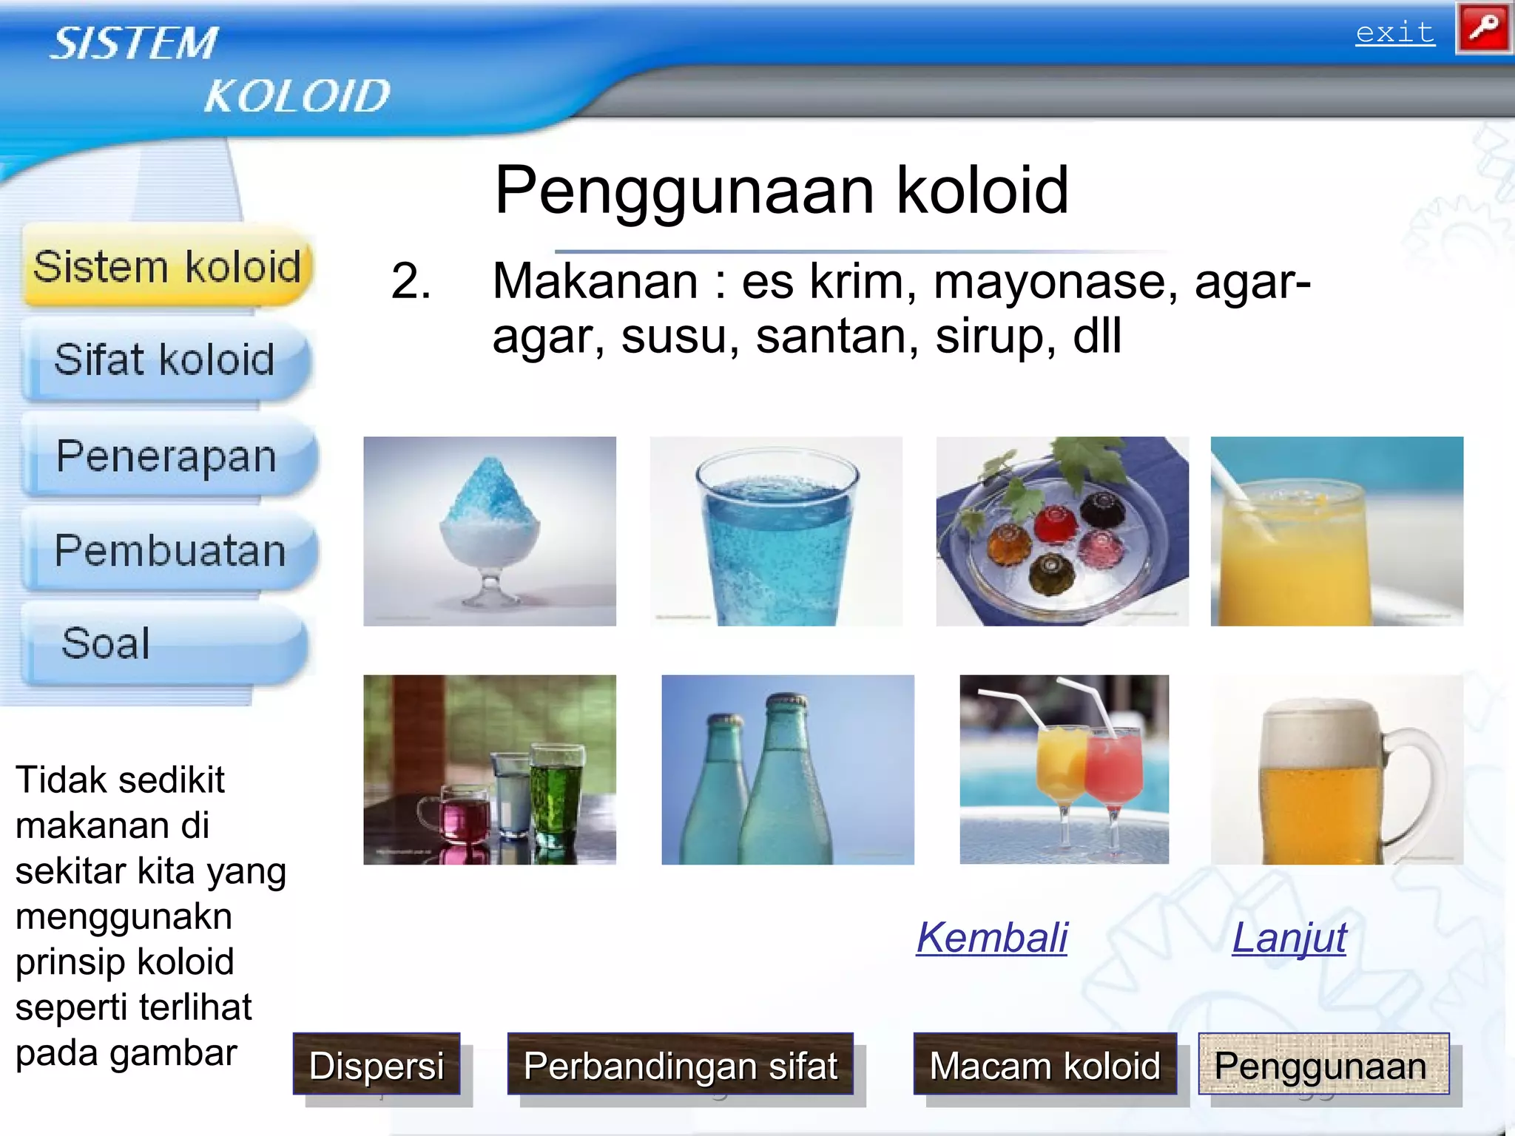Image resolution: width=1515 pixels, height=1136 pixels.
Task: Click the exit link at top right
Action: pos(1394,33)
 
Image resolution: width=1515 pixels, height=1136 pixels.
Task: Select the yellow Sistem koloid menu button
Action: pos(167,266)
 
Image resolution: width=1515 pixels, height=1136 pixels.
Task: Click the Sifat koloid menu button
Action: pos(165,360)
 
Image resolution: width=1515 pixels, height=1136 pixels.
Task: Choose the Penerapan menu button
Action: pos(167,456)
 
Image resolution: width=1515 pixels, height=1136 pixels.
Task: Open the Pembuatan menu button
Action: pos(169,551)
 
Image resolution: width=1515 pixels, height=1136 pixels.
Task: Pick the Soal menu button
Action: pos(163,643)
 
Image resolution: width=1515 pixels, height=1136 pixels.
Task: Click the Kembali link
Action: pos(991,938)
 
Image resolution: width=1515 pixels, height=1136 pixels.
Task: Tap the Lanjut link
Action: pos(1289,938)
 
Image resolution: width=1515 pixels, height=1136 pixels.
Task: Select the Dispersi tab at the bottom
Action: pos(377,1064)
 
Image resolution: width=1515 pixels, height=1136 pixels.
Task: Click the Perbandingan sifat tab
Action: pos(680,1064)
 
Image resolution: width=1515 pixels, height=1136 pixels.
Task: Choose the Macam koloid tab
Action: pos(1045,1064)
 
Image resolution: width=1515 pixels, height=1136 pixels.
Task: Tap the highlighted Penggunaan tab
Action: pos(1323,1064)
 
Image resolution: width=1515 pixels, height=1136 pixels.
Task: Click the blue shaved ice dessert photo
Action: pos(489,531)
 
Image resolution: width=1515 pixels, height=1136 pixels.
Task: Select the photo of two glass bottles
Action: pos(787,769)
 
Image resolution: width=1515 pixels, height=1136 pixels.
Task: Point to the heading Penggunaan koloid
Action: pos(781,191)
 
